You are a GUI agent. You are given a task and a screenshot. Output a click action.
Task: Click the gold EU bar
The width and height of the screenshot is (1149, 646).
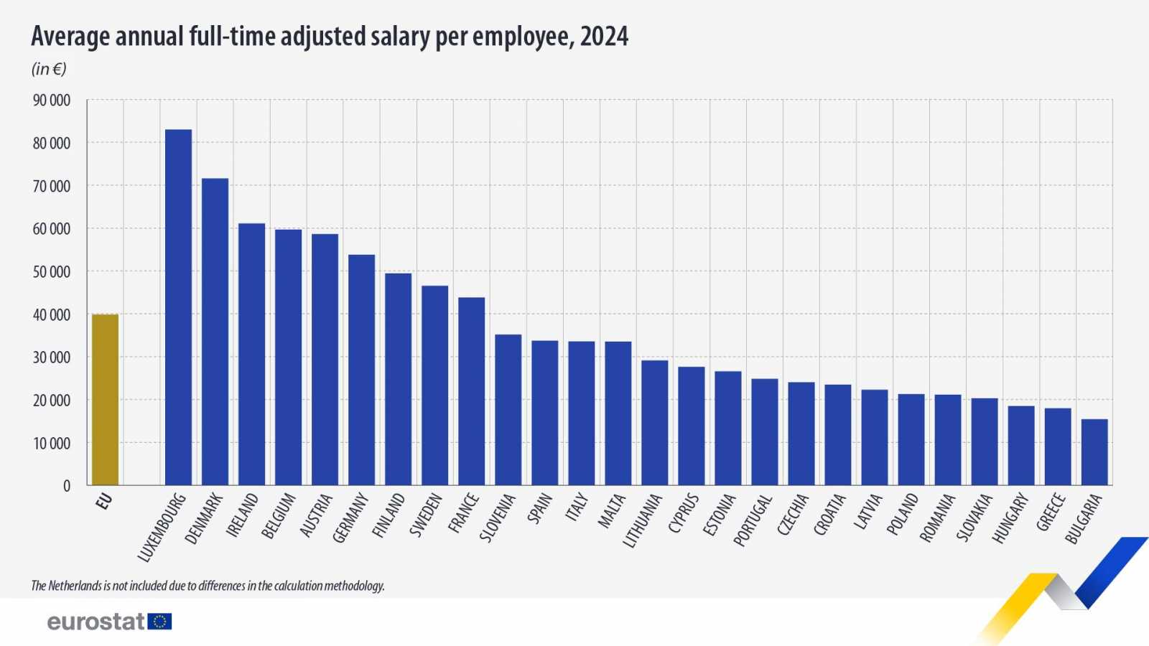pos(105,399)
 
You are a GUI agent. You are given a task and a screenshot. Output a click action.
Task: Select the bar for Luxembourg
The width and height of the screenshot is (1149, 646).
pos(178,307)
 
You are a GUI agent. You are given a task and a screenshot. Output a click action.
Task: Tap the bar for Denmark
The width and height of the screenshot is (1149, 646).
pos(215,332)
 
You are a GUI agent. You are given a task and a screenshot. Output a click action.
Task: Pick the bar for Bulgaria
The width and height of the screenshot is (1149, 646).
pos(1094,451)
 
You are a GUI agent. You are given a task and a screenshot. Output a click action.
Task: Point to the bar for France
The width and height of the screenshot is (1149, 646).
pos(471,391)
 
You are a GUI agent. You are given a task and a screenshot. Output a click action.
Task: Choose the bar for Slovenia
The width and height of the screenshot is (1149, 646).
pos(508,410)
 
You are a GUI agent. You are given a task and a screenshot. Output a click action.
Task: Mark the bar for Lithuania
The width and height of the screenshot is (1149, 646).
pos(654,423)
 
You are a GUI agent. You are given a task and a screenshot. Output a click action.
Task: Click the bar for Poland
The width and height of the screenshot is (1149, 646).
pos(911,439)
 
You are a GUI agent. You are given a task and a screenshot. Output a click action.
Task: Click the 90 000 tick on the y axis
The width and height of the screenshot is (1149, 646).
pos(52,100)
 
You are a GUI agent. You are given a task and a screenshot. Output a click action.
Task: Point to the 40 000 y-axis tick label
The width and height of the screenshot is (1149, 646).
pos(52,314)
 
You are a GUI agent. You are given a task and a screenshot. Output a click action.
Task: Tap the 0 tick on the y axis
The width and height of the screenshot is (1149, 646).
pos(67,486)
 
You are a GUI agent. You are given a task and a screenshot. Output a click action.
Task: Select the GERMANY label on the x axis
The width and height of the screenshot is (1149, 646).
pos(350,518)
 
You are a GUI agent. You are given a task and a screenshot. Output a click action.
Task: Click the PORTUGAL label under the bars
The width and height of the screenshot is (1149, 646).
pos(753,520)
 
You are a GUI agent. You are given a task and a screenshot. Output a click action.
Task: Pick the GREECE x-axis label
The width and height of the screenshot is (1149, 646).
pos(1050,512)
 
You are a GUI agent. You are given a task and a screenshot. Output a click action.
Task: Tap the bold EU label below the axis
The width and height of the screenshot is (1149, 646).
pos(104,501)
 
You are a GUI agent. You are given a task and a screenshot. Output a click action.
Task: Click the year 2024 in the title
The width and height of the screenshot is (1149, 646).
pos(604,36)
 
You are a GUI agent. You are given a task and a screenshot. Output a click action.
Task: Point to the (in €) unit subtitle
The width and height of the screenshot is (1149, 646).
pos(49,69)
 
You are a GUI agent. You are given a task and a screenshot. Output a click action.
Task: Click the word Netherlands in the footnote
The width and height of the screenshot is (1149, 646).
pos(75,586)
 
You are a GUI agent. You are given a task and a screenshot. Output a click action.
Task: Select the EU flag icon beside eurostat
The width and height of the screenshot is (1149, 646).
pos(159,622)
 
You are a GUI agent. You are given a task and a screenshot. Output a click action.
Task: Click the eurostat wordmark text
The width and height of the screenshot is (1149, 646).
pos(96,622)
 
